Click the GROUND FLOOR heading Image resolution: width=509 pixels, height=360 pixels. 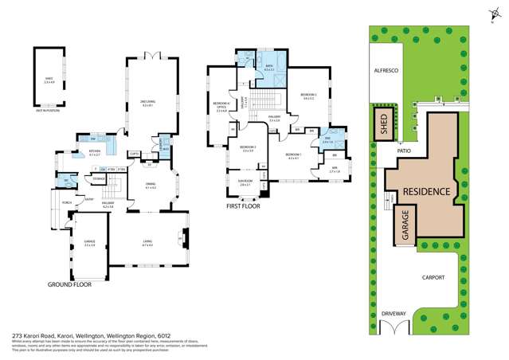pyautogui.click(x=69, y=284)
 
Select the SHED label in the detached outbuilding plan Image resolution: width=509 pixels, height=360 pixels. pyautogui.click(x=48, y=78)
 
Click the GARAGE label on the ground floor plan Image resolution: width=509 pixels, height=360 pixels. pyautogui.click(x=89, y=243)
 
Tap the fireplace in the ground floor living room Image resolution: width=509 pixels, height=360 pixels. pyautogui.click(x=185, y=237)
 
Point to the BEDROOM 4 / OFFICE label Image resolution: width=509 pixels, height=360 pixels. pyautogui.click(x=222, y=107)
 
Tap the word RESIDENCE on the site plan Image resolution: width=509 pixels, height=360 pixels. pyautogui.click(x=426, y=192)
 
